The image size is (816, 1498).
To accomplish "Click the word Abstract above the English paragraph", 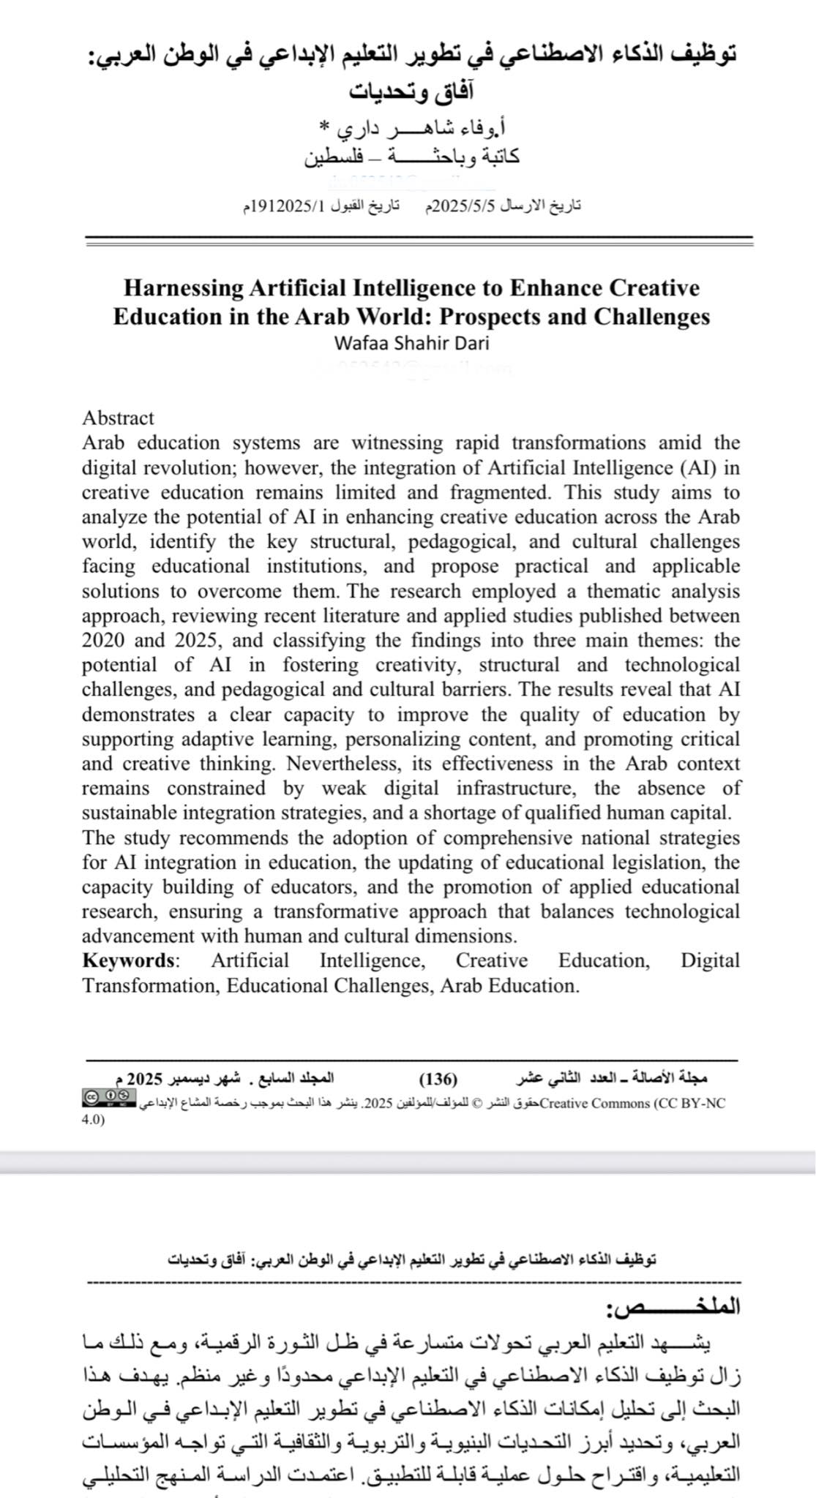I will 118,418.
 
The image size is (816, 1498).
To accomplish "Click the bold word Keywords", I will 129,960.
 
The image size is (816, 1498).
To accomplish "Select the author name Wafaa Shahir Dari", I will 411,343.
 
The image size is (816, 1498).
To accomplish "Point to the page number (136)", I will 438,1079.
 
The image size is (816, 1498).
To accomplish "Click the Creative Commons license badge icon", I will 109,1096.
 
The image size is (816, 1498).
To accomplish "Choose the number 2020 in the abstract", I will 103,640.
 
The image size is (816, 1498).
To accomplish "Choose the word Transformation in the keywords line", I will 149,985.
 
